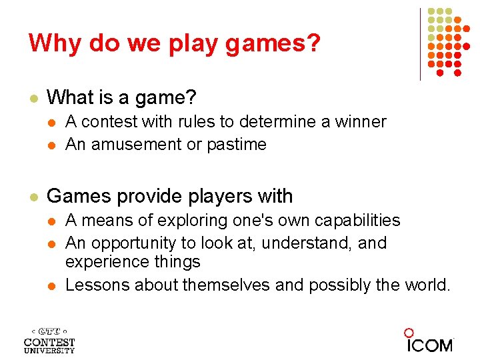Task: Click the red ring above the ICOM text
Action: pos(409,333)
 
